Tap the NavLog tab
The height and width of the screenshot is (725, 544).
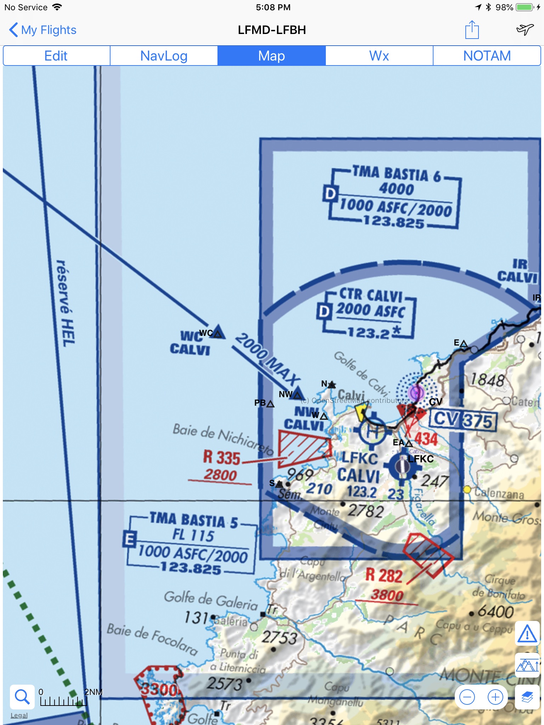tap(164, 56)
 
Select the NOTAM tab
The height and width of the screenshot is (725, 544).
tap(487, 56)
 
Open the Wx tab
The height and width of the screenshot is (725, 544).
tap(379, 56)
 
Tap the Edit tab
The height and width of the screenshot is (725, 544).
tap(56, 56)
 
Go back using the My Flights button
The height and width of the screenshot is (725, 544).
tap(42, 30)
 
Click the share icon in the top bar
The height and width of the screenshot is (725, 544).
tap(472, 30)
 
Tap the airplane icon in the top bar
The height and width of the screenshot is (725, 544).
tap(525, 30)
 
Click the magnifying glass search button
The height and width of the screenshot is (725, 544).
tap(22, 697)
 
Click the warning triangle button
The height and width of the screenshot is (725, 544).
tap(527, 633)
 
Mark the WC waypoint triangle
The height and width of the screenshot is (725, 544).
tap(217, 333)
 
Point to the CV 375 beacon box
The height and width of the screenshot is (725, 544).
tap(463, 421)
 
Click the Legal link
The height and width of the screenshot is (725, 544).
tap(19, 715)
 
